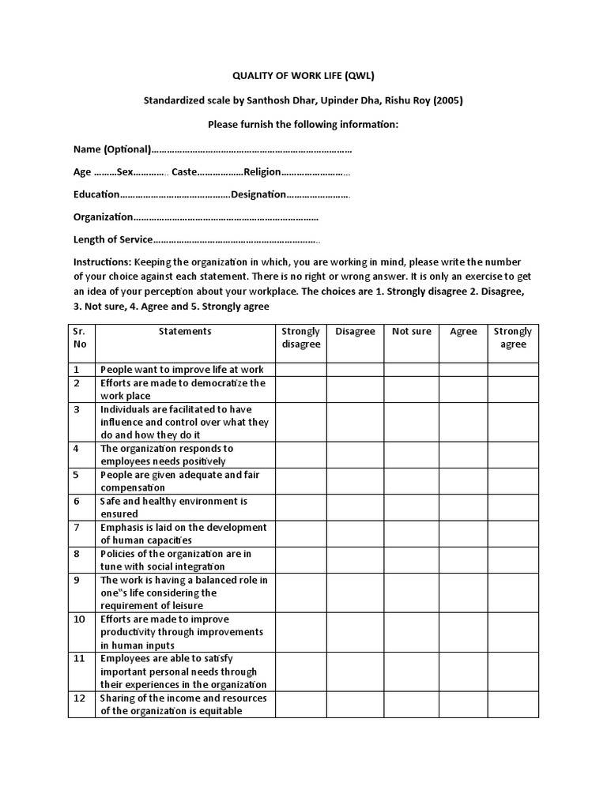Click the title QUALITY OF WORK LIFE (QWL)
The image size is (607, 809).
click(x=303, y=75)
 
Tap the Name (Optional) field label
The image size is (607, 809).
click(x=111, y=149)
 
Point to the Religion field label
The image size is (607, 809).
click(x=262, y=171)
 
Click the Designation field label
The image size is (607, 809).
click(x=258, y=194)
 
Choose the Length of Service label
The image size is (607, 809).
click(x=111, y=239)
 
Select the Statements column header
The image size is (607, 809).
click(x=185, y=332)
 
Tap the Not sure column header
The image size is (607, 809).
click(x=412, y=332)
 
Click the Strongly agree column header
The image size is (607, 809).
click(x=513, y=338)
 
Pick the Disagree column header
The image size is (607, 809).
click(x=355, y=332)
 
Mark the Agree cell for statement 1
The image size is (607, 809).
click(x=463, y=370)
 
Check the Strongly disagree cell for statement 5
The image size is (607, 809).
click(x=300, y=481)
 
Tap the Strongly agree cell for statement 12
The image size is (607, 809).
click(x=513, y=705)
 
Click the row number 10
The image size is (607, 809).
click(x=79, y=620)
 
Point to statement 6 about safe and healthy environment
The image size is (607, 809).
click(x=174, y=507)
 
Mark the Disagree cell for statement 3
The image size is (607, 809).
click(x=355, y=423)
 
